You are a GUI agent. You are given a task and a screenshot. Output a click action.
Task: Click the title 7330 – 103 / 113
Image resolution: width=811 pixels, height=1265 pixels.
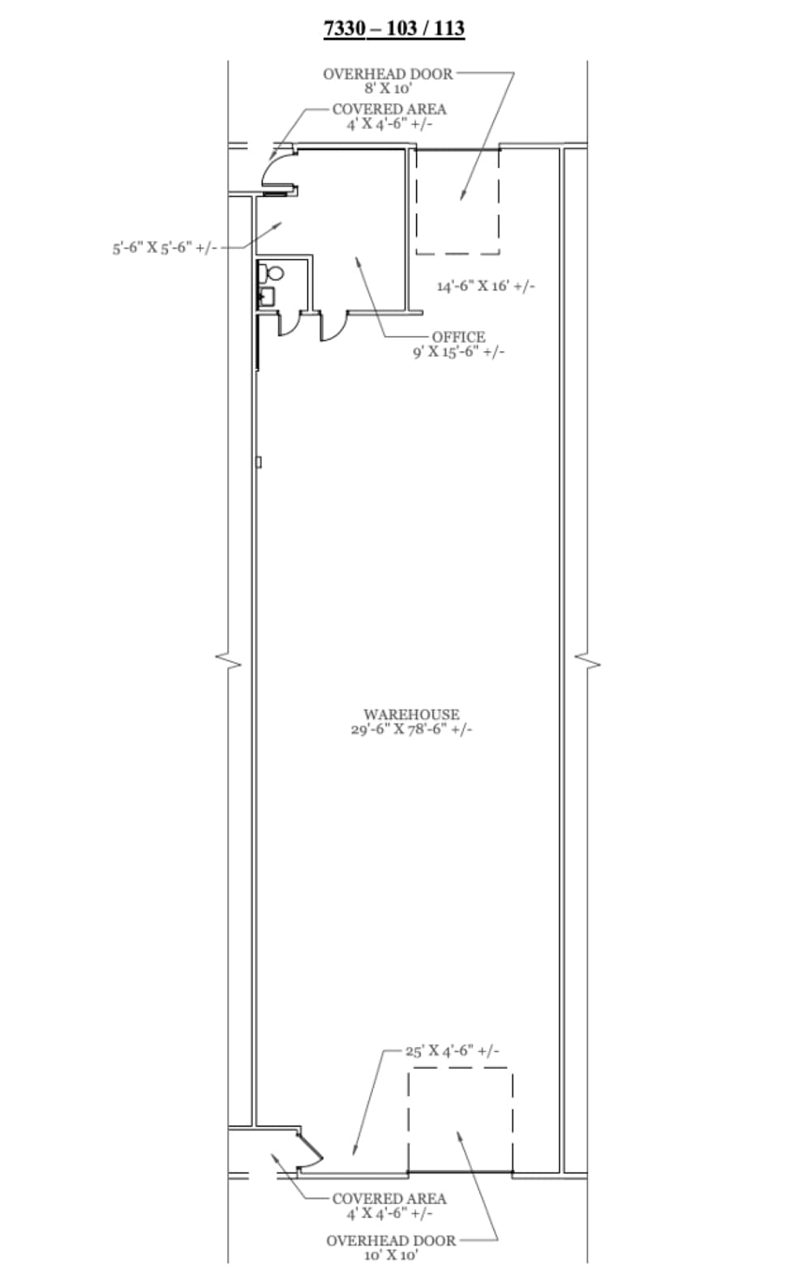tap(394, 29)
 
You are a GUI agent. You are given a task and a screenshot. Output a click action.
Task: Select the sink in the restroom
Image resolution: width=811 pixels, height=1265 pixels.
tap(265, 296)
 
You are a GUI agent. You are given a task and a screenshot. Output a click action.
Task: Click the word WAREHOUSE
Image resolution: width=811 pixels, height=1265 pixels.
tap(411, 714)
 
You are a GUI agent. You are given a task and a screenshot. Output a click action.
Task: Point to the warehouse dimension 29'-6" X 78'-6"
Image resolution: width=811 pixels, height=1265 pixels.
tap(411, 729)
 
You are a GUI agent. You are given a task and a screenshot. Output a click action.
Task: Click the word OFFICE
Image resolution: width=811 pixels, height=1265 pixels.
tap(458, 337)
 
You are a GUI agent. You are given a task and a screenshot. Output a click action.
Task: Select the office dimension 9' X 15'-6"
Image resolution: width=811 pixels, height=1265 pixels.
tap(458, 351)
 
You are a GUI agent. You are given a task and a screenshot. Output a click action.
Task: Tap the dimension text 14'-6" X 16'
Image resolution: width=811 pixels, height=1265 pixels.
tap(486, 286)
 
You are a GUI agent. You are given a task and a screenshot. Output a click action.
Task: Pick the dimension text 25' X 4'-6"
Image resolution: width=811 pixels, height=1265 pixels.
tap(452, 1051)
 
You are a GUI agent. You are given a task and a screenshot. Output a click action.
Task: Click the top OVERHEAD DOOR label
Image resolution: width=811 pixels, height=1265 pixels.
tap(388, 74)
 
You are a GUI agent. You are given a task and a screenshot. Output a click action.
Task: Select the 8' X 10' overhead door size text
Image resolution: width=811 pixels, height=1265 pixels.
tap(388, 88)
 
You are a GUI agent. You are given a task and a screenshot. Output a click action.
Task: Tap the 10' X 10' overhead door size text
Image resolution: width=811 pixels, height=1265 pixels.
tap(391, 1254)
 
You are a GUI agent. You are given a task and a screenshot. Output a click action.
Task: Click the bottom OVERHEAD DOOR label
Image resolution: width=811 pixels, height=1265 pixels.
tap(391, 1240)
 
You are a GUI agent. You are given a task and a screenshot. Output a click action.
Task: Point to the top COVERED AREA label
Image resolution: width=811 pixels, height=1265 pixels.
tap(389, 109)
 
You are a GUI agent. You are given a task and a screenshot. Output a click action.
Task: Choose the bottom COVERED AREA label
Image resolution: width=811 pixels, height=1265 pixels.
tap(389, 1198)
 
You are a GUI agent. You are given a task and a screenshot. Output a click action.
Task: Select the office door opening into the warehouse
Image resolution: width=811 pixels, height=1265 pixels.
tap(334, 328)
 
